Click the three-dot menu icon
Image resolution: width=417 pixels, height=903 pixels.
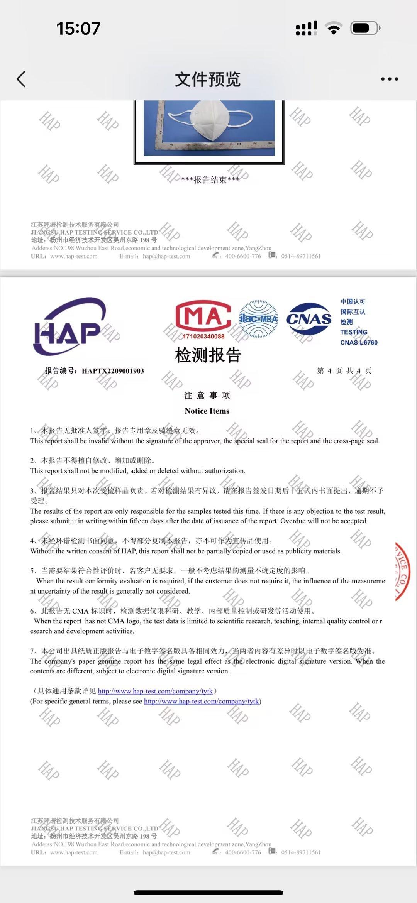(389, 79)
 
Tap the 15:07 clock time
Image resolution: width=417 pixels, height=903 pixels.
(78, 29)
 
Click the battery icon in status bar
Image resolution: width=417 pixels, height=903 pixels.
(365, 28)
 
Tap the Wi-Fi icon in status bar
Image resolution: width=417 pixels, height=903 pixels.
(333, 28)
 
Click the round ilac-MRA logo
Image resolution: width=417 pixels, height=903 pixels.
(258, 319)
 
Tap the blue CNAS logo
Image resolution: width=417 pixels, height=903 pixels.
(309, 318)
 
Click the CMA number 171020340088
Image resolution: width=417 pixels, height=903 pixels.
(203, 336)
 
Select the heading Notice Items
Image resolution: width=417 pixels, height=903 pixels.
(207, 411)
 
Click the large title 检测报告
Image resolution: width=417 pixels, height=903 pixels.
(208, 355)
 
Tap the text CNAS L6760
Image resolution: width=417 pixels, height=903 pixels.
(359, 342)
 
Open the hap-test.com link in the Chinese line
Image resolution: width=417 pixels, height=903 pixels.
(155, 691)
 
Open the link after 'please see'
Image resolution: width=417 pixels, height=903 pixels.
(201, 701)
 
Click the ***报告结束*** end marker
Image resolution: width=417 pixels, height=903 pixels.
(210, 180)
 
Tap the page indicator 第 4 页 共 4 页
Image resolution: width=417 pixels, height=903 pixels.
(344, 371)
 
